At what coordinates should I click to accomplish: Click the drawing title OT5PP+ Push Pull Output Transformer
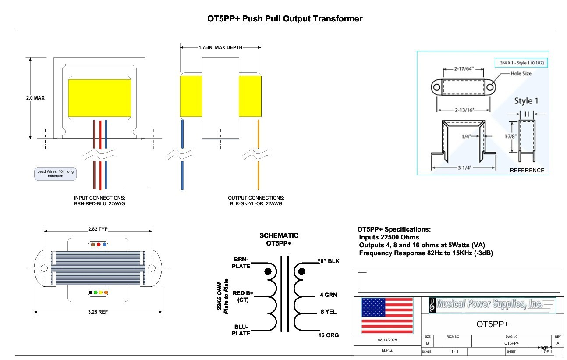click(x=284, y=19)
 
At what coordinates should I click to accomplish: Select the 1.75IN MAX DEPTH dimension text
click(x=220, y=47)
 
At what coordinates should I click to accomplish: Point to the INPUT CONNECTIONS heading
click(x=99, y=198)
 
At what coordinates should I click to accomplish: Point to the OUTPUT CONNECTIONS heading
click(x=256, y=198)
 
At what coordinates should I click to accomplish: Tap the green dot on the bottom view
click(x=96, y=292)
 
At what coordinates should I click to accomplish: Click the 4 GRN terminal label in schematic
click(x=328, y=295)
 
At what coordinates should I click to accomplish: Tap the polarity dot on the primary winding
click(x=268, y=272)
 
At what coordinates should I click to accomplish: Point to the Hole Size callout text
click(x=521, y=74)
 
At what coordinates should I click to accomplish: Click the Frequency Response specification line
click(x=426, y=253)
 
